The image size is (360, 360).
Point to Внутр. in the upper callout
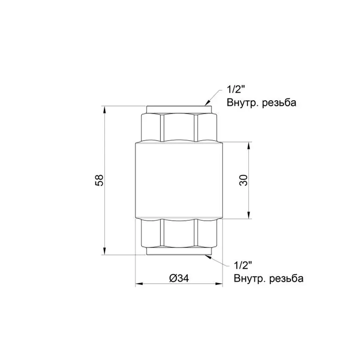(241, 103)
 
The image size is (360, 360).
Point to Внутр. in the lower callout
(248, 278)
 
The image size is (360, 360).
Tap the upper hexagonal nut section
(179, 127)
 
